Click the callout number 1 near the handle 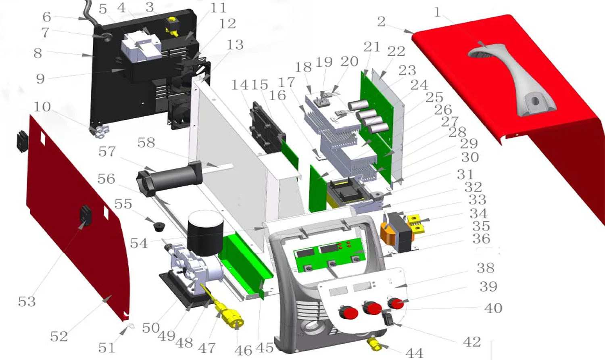pos(437,13)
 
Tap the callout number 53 pos(27,301)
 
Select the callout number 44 pos(414,353)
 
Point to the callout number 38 pos(486,268)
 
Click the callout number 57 pos(107,152)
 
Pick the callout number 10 pos(42,107)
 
